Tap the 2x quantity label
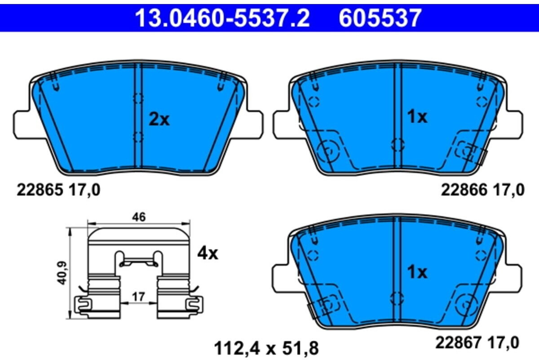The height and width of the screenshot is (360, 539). (159, 120)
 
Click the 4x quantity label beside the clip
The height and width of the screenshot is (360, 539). (208, 254)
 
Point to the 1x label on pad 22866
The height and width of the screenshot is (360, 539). (417, 117)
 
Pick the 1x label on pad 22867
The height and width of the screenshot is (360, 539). (417, 272)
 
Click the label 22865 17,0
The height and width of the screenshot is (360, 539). (58, 190)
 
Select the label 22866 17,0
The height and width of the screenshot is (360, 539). (482, 190)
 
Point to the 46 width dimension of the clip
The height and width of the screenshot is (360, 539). (139, 217)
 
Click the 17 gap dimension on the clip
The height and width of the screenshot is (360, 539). (139, 297)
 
